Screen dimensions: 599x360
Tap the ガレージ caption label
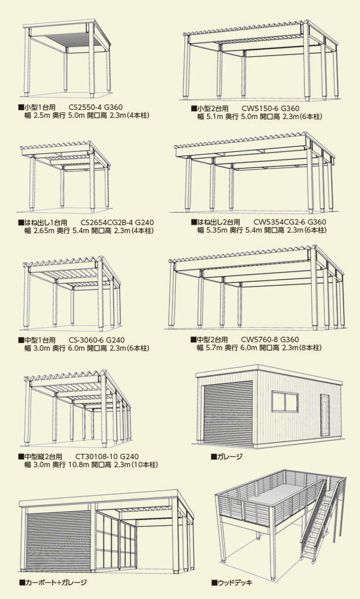229,456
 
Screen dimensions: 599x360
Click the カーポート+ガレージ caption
56,582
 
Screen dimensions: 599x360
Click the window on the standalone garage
285,402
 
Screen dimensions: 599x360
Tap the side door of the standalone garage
325,415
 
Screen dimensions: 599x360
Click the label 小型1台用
39,106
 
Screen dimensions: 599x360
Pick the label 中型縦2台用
42,456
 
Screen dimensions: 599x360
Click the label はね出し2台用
218,222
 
